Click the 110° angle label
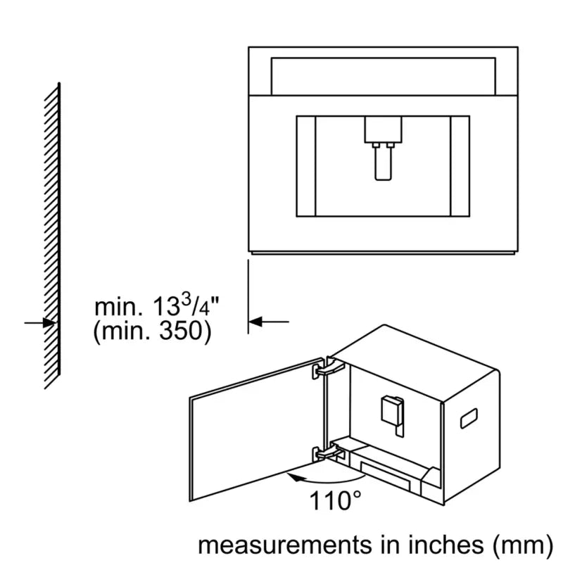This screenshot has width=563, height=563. (335, 500)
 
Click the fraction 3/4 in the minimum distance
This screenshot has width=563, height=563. (196, 305)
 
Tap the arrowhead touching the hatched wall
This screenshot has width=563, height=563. (50, 323)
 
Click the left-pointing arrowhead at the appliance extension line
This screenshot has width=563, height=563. (255, 322)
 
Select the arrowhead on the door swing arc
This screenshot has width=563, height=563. (294, 477)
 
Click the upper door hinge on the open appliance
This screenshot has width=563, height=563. (329, 368)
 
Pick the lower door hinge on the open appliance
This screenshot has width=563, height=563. (329, 453)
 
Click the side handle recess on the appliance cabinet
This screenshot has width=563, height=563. (469, 418)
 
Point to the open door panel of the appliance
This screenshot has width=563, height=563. (257, 429)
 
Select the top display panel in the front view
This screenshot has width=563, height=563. (383, 77)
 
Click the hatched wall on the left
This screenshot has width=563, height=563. (52, 236)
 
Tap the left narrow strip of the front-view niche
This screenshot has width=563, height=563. (306, 166)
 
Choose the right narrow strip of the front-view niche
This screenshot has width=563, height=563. (460, 166)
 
